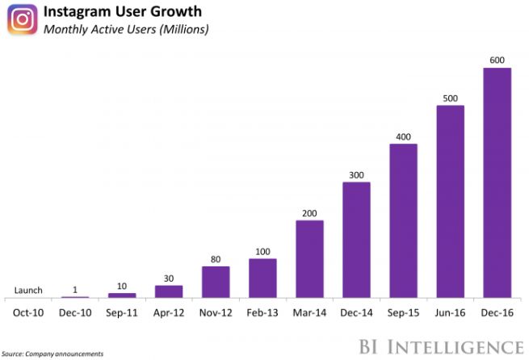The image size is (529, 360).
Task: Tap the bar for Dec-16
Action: point(497,182)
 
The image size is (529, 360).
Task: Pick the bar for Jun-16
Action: point(450,201)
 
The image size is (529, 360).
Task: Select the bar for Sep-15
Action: point(403,220)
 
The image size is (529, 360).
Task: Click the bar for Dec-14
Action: point(356,240)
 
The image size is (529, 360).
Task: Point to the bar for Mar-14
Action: point(309,258)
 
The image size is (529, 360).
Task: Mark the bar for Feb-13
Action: point(262,278)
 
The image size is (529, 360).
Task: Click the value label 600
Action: point(497,61)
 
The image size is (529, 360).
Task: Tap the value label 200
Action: point(309,213)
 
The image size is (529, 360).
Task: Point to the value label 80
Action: point(216,259)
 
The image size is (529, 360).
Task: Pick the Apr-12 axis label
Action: point(169,312)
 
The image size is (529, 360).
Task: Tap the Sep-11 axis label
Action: point(122,312)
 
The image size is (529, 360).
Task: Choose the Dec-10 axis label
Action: point(75,312)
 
